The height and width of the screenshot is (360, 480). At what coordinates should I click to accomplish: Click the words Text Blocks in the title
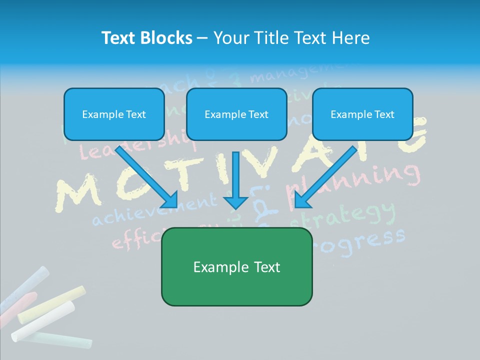coord(146,38)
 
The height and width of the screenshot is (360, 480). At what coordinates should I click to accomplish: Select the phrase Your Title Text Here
coord(291,38)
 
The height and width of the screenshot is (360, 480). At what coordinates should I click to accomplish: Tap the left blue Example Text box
coord(114,114)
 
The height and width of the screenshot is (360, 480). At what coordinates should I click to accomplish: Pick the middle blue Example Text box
coord(236,114)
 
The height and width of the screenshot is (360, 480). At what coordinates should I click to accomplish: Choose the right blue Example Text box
coord(362,114)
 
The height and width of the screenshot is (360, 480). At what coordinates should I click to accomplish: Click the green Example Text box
coord(236,267)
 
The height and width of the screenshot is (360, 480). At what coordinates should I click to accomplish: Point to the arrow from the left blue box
coord(147,177)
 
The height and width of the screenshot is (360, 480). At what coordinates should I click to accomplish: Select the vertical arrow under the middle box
coord(235,180)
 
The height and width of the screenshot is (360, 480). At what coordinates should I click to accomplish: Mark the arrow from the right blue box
coord(325,177)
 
